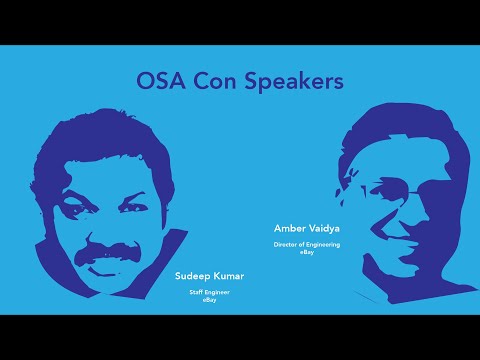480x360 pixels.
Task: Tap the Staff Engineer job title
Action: [x=210, y=292]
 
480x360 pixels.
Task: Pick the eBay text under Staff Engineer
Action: [x=210, y=299]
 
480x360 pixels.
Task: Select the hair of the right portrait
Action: [x=400, y=125]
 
